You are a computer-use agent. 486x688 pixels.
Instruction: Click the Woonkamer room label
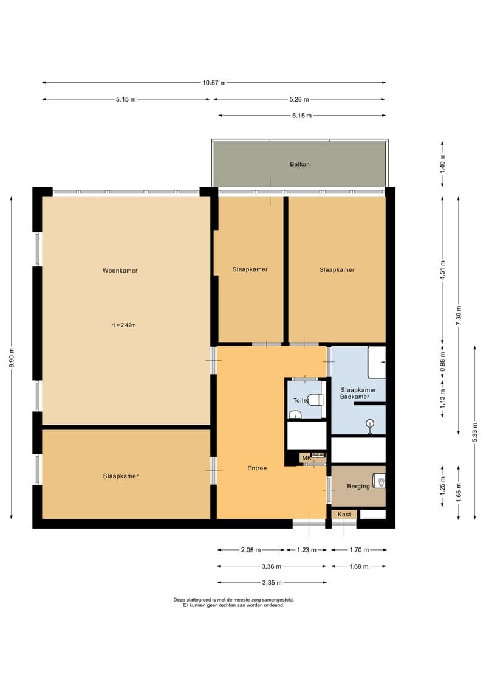pyautogui.click(x=120, y=271)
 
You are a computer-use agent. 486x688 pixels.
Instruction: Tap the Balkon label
pyautogui.click(x=299, y=164)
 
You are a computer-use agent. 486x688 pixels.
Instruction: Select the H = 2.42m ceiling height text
pyautogui.click(x=123, y=325)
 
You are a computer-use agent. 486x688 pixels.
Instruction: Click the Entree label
pyautogui.click(x=257, y=468)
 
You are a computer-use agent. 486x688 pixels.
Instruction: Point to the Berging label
pyautogui.click(x=358, y=487)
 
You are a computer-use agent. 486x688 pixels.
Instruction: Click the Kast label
pyautogui.click(x=344, y=514)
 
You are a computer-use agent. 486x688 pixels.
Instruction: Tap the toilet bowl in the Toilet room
pyautogui.click(x=315, y=400)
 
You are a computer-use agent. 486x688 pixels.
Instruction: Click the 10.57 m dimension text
pyautogui.click(x=214, y=83)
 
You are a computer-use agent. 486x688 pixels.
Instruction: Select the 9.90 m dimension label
pyautogui.click(x=12, y=358)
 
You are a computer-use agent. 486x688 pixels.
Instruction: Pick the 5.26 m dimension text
pyautogui.click(x=299, y=100)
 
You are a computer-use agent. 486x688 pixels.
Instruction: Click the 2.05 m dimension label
pyautogui.click(x=251, y=551)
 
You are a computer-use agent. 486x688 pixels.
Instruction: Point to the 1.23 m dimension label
pyautogui.click(x=307, y=551)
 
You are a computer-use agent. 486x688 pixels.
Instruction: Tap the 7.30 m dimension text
pyautogui.click(x=459, y=315)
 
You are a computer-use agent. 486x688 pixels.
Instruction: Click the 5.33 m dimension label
pyautogui.click(x=475, y=433)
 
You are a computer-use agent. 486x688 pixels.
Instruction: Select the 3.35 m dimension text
pyautogui.click(x=272, y=583)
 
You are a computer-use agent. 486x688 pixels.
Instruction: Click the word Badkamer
pyautogui.click(x=355, y=397)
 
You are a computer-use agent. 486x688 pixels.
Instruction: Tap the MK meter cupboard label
pyautogui.click(x=306, y=458)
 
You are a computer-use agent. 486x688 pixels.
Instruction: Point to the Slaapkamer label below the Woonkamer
pyautogui.click(x=121, y=476)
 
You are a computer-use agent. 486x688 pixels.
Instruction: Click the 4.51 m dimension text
pyautogui.click(x=443, y=270)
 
